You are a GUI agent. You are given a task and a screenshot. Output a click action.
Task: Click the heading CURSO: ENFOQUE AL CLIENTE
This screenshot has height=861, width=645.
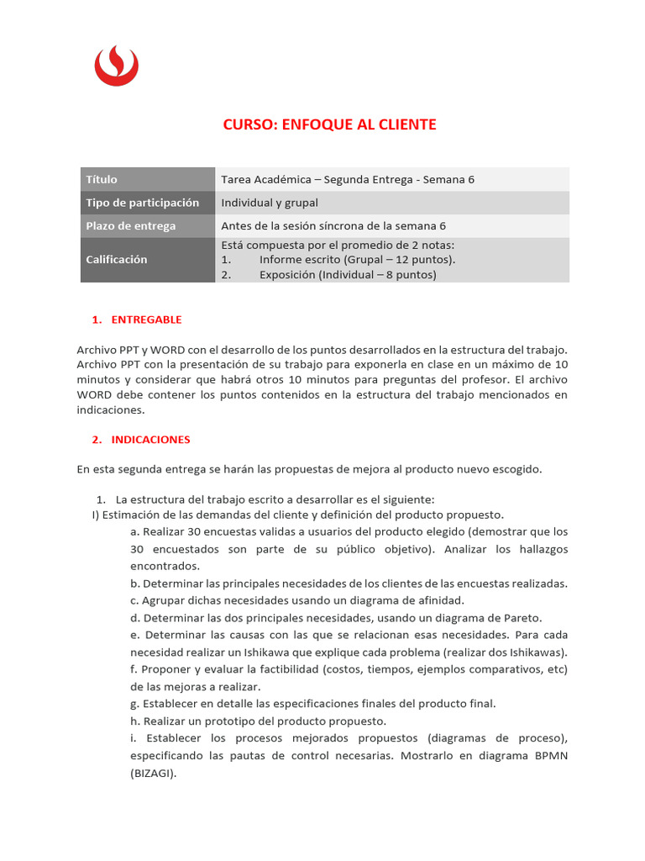(329, 124)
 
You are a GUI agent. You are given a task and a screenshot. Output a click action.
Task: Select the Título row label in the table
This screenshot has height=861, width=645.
(102, 179)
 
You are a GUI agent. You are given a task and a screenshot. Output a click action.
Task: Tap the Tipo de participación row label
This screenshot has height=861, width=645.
(143, 203)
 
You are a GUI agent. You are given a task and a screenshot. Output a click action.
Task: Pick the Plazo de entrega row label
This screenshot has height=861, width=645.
(131, 225)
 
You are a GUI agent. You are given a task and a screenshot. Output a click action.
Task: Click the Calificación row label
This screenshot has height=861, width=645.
(117, 260)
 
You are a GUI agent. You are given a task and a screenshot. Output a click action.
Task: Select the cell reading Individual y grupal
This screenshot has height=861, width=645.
(270, 203)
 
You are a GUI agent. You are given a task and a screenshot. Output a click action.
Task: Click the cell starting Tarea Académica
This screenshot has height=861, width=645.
(348, 179)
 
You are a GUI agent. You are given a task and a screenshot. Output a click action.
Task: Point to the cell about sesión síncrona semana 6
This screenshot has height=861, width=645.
(333, 225)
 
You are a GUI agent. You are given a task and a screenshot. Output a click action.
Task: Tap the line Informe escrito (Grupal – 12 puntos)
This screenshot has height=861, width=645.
(357, 259)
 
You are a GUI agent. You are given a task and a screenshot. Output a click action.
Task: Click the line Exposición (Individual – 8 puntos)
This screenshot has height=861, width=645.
(348, 274)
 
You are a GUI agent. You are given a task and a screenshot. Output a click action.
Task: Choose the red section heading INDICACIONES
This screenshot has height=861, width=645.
(151, 439)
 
